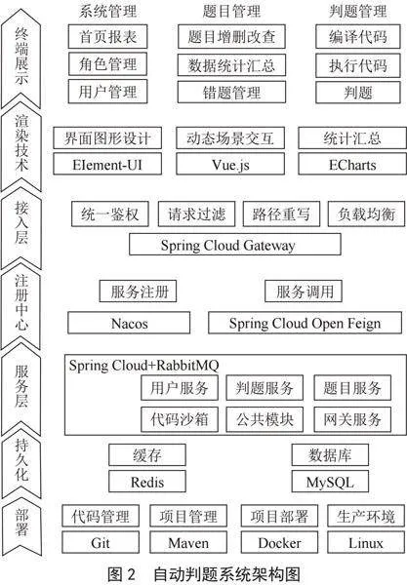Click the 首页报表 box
[x=108, y=36]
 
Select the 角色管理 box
[x=108, y=63]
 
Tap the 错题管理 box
[x=231, y=93]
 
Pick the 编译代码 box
[x=358, y=36]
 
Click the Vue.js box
[x=230, y=164]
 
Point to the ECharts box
[x=352, y=164]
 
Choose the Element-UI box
[x=107, y=164]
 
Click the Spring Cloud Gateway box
[x=235, y=245]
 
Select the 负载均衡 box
[x=366, y=214]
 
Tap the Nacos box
[x=129, y=323]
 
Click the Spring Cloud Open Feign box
[x=305, y=323]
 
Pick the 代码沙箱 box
[x=180, y=419]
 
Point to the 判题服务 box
[x=265, y=388]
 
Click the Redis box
[x=147, y=482]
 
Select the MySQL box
[x=330, y=482]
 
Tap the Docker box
[x=279, y=542]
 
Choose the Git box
[x=101, y=542]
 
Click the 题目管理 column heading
[x=231, y=11]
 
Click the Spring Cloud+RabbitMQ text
[x=143, y=365]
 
